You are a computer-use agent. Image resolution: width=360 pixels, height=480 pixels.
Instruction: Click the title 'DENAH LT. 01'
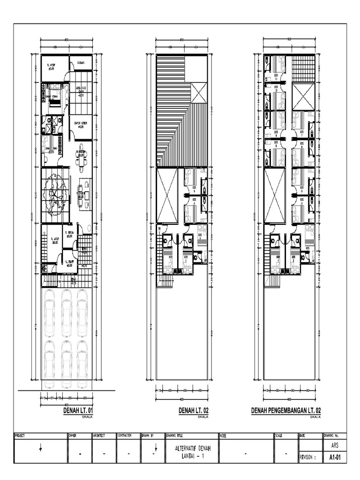pos(78,410)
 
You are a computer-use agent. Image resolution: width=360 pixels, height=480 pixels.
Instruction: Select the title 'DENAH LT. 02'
pos(194,410)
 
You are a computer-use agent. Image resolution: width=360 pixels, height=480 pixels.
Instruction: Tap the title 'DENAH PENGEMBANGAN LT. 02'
pos(286,410)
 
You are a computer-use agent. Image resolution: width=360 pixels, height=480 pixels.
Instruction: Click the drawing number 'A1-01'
pos(334,457)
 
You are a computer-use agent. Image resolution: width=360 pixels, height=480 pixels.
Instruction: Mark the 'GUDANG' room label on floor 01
pos(81,61)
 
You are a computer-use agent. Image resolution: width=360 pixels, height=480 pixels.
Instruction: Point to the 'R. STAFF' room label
pos(69,263)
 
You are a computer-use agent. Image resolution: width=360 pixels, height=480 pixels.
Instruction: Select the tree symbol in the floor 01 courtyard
pos(54,193)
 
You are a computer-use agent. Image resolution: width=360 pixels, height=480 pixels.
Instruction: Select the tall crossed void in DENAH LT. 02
pos(167,195)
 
